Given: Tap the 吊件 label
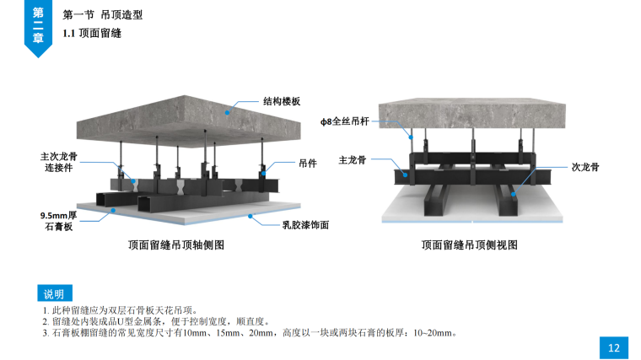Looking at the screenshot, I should pos(307,164).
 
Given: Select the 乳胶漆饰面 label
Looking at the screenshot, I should pos(304,225).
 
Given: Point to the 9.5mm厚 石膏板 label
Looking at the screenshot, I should pos(59,221).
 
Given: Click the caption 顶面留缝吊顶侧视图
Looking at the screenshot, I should pos(469,245).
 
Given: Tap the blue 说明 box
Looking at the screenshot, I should pos(53,293).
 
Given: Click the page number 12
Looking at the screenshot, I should pos(614,347).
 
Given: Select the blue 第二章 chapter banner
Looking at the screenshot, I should pos(38,25).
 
